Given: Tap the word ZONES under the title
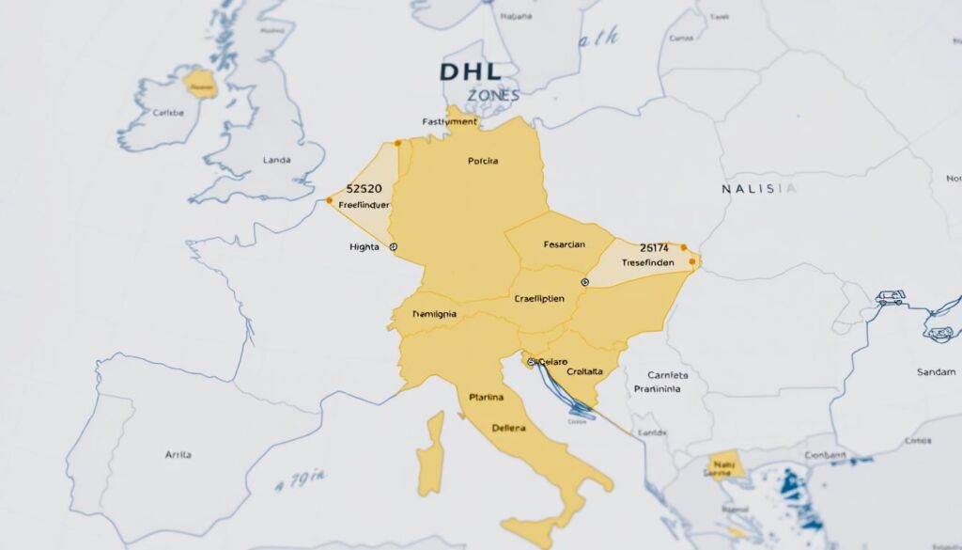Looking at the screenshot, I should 492,96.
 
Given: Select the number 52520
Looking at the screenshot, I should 364,189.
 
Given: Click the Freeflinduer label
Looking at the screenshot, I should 363,204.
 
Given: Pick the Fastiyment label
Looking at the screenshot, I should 450,121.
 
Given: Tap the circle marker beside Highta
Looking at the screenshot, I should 393,246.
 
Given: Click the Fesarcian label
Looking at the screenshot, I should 564,244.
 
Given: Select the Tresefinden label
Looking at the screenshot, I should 647,263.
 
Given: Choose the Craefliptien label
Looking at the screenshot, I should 539,298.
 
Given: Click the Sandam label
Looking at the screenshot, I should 935,372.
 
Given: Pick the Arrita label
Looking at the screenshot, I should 178,454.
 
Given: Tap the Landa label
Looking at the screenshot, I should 277,161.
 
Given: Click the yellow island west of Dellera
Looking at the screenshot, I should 430,456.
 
